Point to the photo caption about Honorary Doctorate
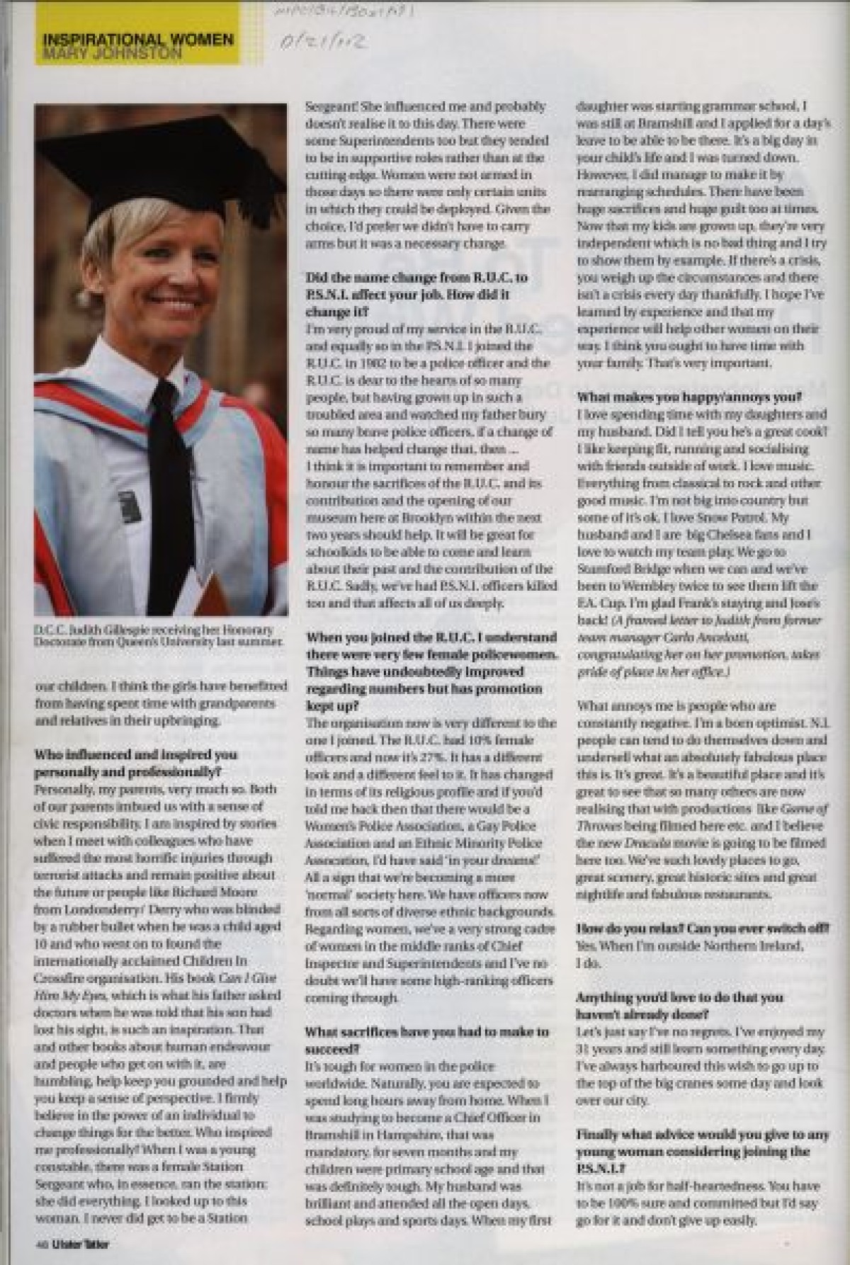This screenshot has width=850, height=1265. tap(157, 635)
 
